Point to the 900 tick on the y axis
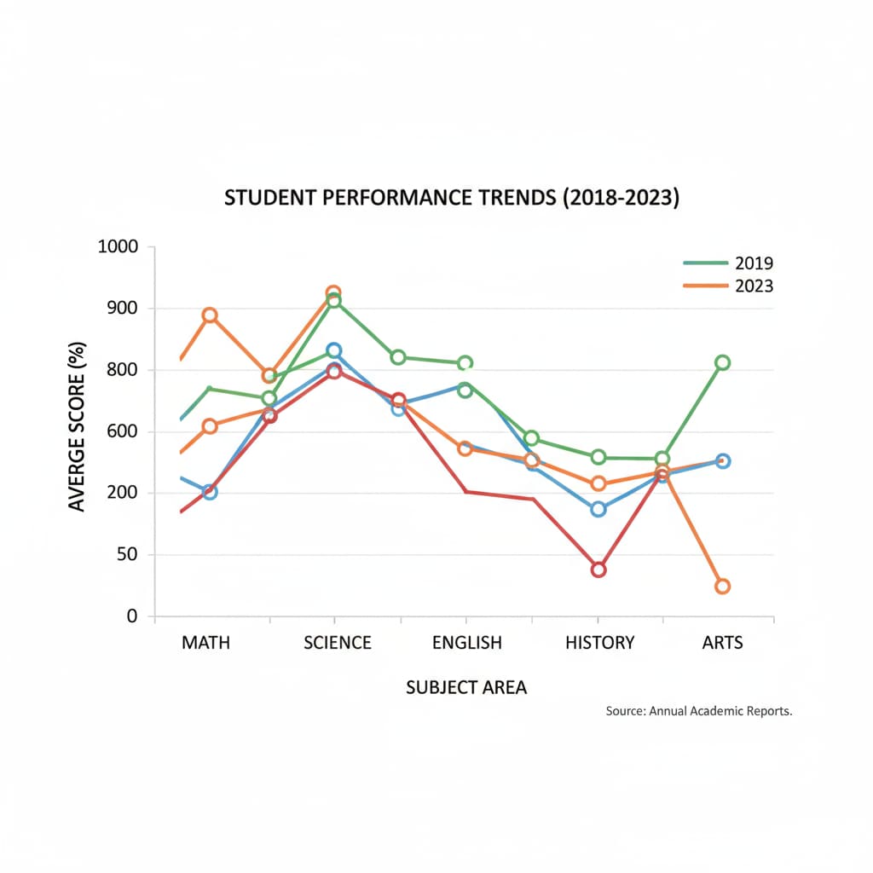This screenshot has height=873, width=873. pos(121,309)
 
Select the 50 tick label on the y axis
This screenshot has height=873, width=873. pos(126,555)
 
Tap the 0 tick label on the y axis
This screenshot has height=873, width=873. pos(132,616)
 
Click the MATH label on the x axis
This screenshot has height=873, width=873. pos(205,643)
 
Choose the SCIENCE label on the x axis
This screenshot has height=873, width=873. pos(338,643)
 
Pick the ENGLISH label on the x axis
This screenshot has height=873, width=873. pos(467,643)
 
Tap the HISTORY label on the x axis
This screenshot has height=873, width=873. pos(600,643)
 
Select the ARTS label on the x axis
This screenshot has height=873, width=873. pos(722,643)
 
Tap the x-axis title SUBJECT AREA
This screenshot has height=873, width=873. pos(466,687)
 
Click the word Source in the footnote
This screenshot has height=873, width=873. pos(625,710)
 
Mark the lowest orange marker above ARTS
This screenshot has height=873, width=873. pos(722,587)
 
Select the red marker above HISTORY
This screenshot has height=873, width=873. pos(598,569)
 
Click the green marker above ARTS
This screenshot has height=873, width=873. pos(722,362)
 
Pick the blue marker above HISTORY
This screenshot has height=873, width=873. pos(598,509)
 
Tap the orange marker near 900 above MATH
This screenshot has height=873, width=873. pos(210,315)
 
